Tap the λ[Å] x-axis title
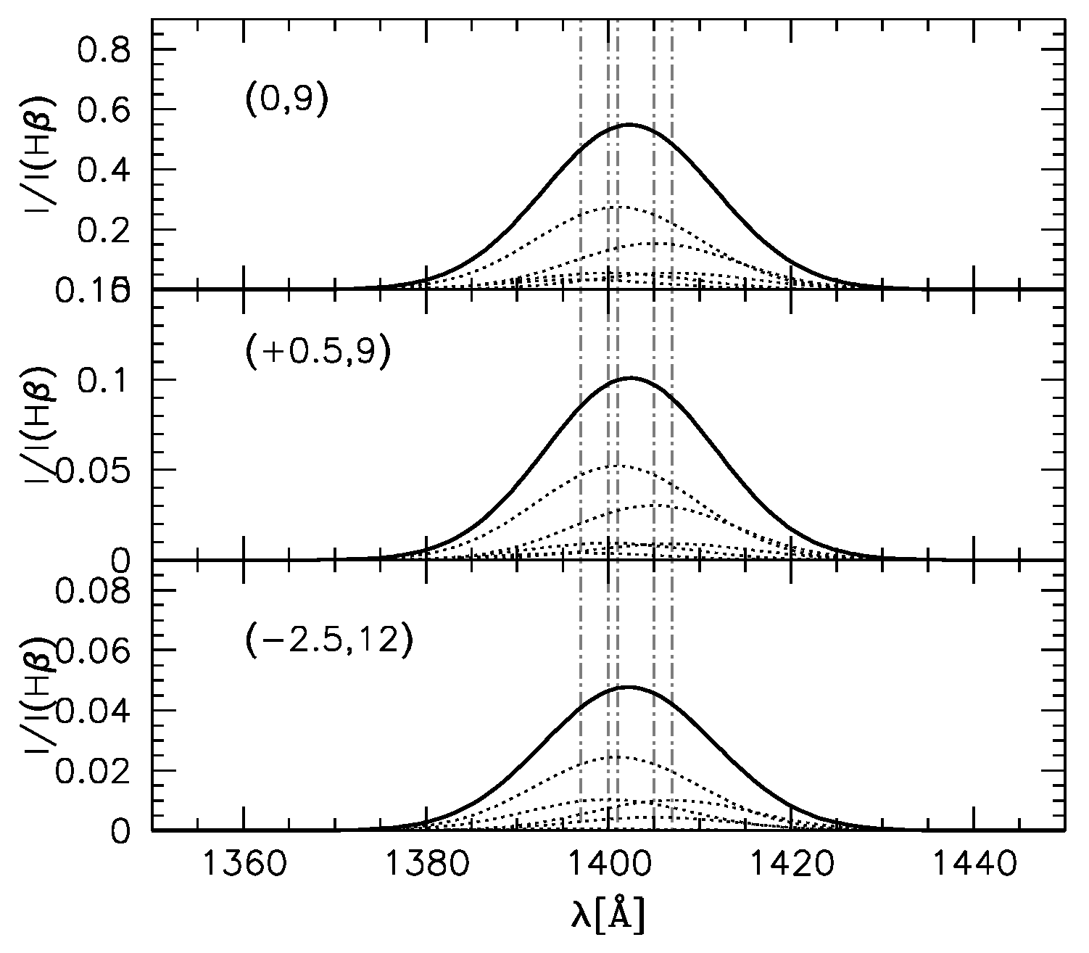(x=608, y=915)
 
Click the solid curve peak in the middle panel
(x=629, y=377)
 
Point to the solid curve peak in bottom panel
(x=628, y=686)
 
